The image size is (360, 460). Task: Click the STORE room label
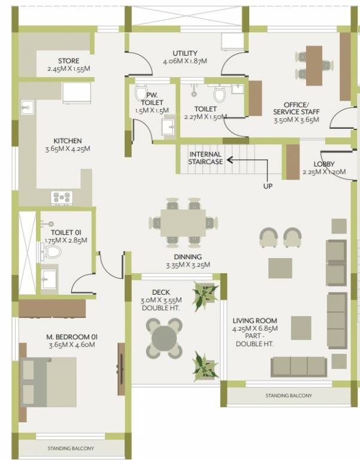(68, 61)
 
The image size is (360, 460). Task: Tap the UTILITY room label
(184, 53)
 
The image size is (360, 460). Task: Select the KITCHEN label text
(67, 141)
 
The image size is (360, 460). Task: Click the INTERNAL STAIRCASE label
(205, 158)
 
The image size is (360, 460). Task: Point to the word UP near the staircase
(268, 186)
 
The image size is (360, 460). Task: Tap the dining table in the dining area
(182, 222)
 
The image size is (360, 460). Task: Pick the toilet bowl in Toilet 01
(53, 250)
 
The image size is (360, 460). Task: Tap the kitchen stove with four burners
(62, 196)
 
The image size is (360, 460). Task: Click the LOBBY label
(323, 164)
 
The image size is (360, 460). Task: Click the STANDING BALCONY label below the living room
(289, 396)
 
